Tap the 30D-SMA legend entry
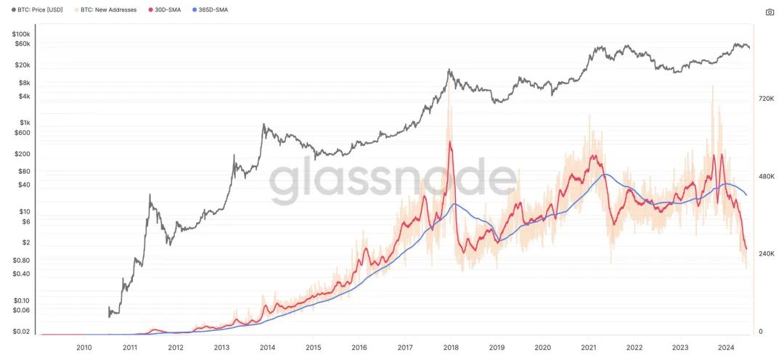click(x=168, y=10)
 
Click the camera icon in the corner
click(x=769, y=12)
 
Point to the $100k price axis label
click(x=21, y=34)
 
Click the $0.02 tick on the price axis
click(x=21, y=332)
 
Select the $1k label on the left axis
click(x=25, y=122)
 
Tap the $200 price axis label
click(x=23, y=154)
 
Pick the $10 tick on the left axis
click(x=25, y=211)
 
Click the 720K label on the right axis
click(x=767, y=97)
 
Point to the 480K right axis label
click(x=767, y=176)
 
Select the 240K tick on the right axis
click(x=767, y=254)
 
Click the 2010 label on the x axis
click(x=83, y=348)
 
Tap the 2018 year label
click(x=451, y=348)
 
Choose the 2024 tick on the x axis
click(x=726, y=348)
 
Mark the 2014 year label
click(x=267, y=348)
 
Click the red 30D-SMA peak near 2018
click(x=451, y=142)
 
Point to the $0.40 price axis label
click(x=21, y=274)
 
